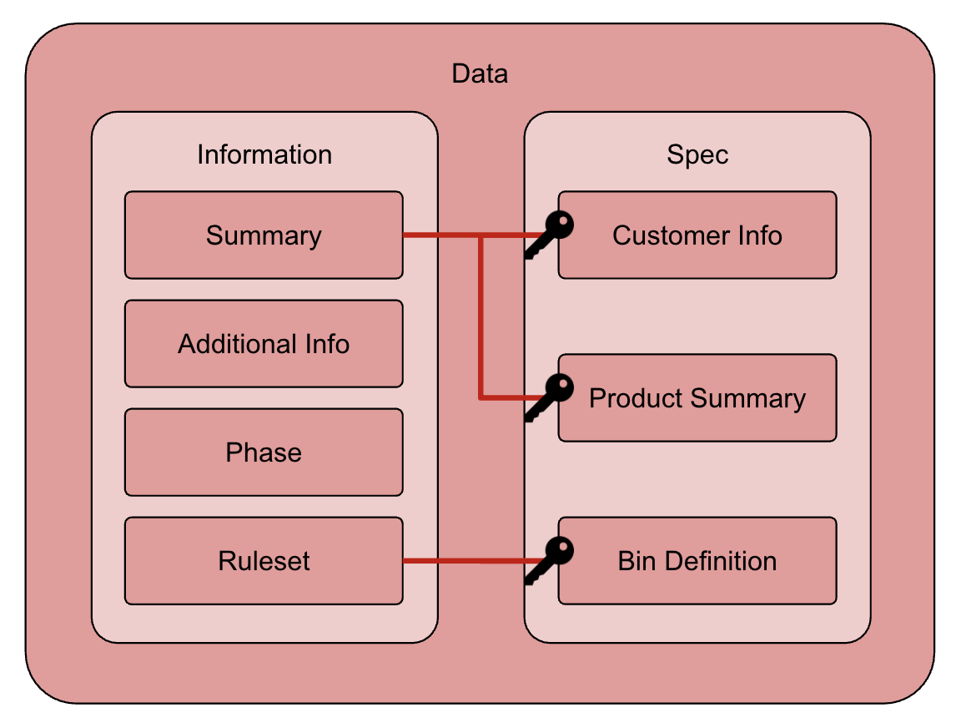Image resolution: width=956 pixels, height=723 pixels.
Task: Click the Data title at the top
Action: (x=479, y=73)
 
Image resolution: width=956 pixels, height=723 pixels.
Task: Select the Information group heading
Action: (x=264, y=154)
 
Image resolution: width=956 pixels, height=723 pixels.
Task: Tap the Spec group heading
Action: (x=697, y=154)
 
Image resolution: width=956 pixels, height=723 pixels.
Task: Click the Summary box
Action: (x=264, y=235)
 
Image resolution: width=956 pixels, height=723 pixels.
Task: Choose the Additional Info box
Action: (x=264, y=344)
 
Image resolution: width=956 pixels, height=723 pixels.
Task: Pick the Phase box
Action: (x=264, y=453)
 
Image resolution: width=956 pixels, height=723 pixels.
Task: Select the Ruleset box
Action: (x=264, y=561)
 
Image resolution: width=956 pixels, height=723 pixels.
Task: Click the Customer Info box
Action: (x=697, y=235)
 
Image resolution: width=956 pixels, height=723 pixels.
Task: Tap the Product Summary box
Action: (x=697, y=398)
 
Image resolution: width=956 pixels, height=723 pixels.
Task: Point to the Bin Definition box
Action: (x=697, y=561)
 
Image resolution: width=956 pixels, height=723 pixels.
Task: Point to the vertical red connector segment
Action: (x=481, y=317)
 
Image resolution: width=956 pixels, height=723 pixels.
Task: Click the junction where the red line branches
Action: (x=481, y=235)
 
